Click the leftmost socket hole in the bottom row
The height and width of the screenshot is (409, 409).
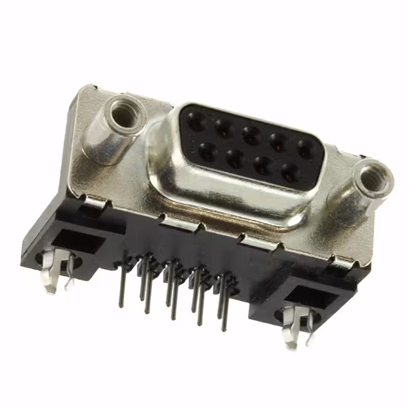point(206,151)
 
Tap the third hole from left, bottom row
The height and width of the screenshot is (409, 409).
point(263,165)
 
